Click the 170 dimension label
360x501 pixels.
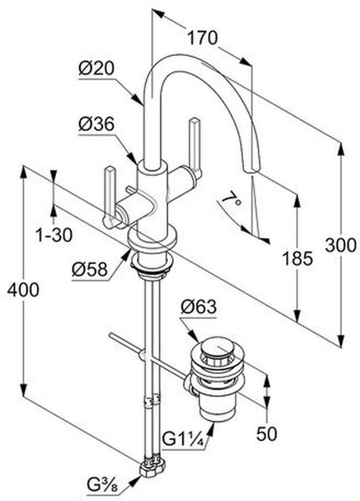[x=202, y=38]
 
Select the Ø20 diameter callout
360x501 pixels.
[x=97, y=68]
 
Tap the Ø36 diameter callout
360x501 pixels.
[x=97, y=124]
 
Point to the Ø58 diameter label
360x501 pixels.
[x=90, y=270]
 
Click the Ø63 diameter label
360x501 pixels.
[x=199, y=306]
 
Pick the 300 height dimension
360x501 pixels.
[x=341, y=245]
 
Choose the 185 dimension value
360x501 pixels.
[x=297, y=259]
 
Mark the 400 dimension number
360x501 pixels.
[x=23, y=290]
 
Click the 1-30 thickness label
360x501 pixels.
[x=53, y=235]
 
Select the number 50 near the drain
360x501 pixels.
[x=266, y=433]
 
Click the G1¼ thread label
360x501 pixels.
[x=183, y=439]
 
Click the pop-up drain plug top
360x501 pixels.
[x=217, y=347]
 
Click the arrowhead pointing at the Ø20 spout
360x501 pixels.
[x=138, y=99]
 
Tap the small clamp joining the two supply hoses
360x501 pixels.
[x=151, y=400]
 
